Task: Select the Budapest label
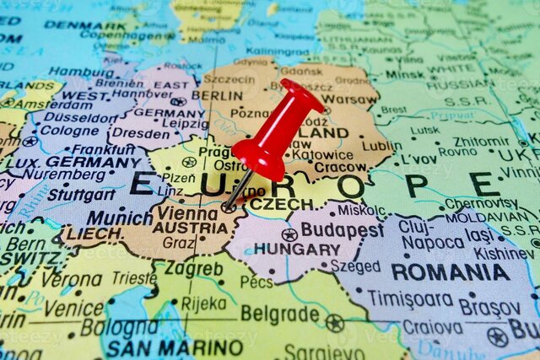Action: (x=342, y=229)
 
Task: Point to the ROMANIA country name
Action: (x=450, y=272)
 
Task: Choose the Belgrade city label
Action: (x=280, y=314)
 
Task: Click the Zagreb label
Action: (x=194, y=269)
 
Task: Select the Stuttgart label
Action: (x=82, y=195)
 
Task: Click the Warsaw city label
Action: (x=349, y=99)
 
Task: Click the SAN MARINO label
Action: (x=175, y=348)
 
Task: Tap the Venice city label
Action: (x=74, y=309)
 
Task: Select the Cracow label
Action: (x=341, y=168)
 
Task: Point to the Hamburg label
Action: (x=81, y=73)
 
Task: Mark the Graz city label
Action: (x=178, y=243)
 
